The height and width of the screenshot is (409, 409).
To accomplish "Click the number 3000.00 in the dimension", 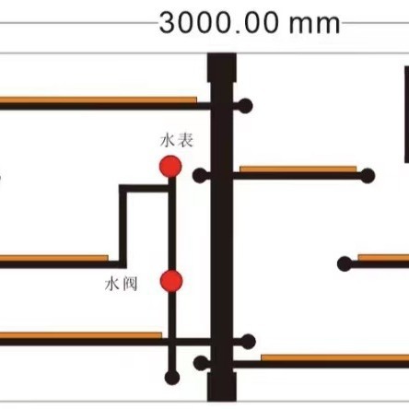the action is point(219,23).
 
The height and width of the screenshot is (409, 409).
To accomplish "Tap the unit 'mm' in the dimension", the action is point(315,25).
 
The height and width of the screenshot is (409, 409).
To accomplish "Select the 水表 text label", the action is point(177,141).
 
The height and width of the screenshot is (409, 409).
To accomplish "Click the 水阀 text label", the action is point(121,284).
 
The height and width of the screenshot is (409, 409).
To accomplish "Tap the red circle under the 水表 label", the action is point(170,167).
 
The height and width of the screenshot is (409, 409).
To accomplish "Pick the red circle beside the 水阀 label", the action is point(171,281).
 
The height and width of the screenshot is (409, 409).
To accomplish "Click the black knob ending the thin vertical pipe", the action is point(172,378).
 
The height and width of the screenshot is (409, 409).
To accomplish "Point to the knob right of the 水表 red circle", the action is point(200,176).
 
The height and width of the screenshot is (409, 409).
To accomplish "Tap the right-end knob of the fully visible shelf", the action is point(367,176).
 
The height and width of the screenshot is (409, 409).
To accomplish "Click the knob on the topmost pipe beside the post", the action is point(245,106).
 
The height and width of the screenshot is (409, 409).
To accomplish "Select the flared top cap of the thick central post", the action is point(222,67).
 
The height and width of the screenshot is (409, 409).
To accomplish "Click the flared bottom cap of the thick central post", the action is point(222,387).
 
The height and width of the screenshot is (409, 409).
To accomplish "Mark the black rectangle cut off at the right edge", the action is point(406,114).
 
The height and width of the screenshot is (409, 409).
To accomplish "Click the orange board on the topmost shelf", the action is point(99,100).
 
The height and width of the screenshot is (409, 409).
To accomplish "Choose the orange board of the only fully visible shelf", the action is point(298,169).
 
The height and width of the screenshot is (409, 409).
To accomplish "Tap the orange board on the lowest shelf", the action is point(335,357).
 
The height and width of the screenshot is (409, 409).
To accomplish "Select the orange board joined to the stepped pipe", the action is point(54,258).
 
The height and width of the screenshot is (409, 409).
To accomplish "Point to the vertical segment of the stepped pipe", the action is point(123,227).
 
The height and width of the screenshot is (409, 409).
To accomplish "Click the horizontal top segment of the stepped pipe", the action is point(144,189).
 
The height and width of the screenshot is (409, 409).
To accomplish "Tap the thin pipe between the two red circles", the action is point(172,224).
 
